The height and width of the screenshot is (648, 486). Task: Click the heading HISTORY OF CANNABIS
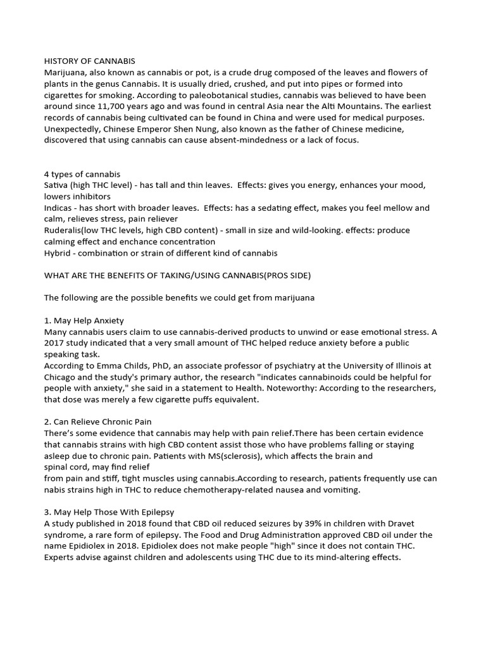89,61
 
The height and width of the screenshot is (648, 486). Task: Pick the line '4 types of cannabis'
82,174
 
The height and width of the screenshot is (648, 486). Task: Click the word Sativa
56,185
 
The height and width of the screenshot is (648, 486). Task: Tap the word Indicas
59,208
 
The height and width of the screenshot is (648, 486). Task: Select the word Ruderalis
66,230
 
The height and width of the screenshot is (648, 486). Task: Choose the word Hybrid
58,253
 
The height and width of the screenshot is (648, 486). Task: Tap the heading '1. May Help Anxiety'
84,320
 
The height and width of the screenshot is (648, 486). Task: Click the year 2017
55,343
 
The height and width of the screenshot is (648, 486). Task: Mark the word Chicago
61,377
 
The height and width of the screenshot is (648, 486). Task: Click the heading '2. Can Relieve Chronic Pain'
97,421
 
